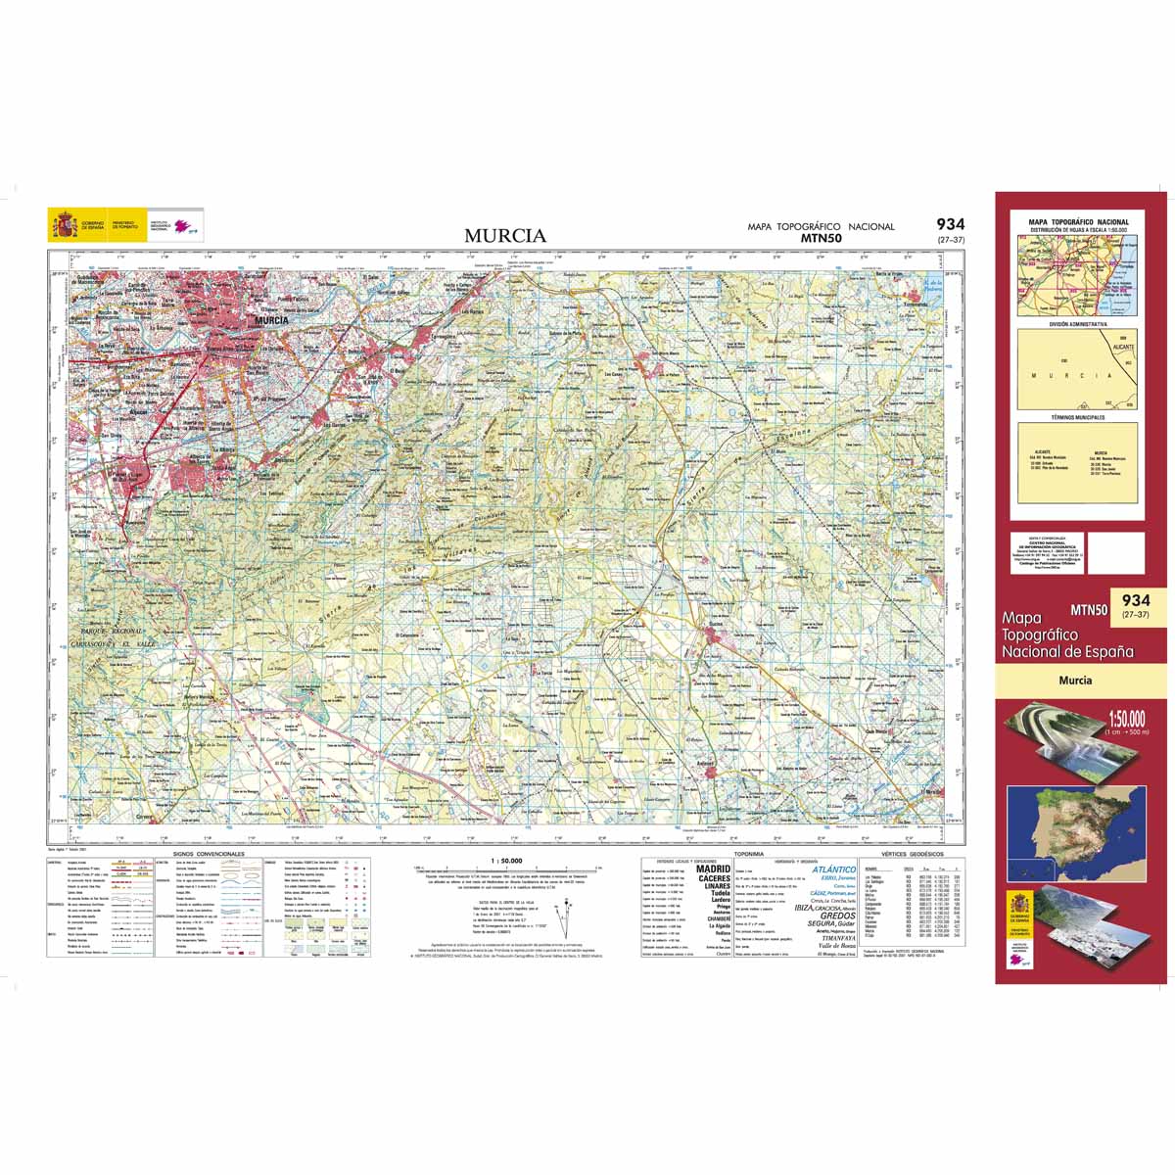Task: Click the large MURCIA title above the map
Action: (x=505, y=236)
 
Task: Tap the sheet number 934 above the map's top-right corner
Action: (x=950, y=224)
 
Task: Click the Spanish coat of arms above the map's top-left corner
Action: (x=65, y=226)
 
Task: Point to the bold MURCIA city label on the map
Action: (x=270, y=319)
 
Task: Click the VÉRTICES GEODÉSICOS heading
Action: (x=907, y=854)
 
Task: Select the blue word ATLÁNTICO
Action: (x=833, y=869)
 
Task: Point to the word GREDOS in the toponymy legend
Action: (x=837, y=916)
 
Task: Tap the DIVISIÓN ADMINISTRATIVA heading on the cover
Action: (x=1077, y=323)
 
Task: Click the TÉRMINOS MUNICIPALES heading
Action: (x=1077, y=417)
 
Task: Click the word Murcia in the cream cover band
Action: (x=1073, y=681)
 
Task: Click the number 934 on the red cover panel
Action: (x=1136, y=599)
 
